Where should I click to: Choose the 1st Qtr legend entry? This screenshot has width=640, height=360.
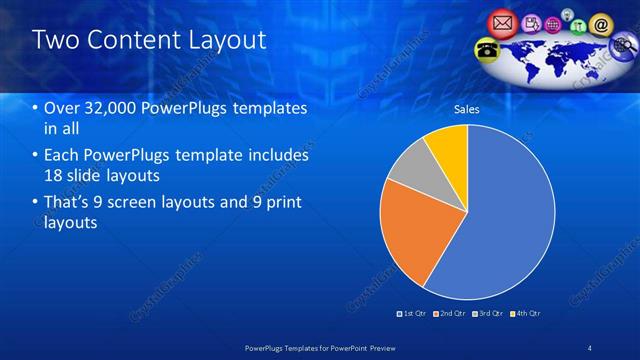click(414, 313)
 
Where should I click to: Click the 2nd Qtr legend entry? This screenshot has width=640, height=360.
click(452, 313)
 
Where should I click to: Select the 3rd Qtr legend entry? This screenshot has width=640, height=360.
click(490, 313)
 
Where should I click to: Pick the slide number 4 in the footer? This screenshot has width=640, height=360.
click(590, 347)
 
